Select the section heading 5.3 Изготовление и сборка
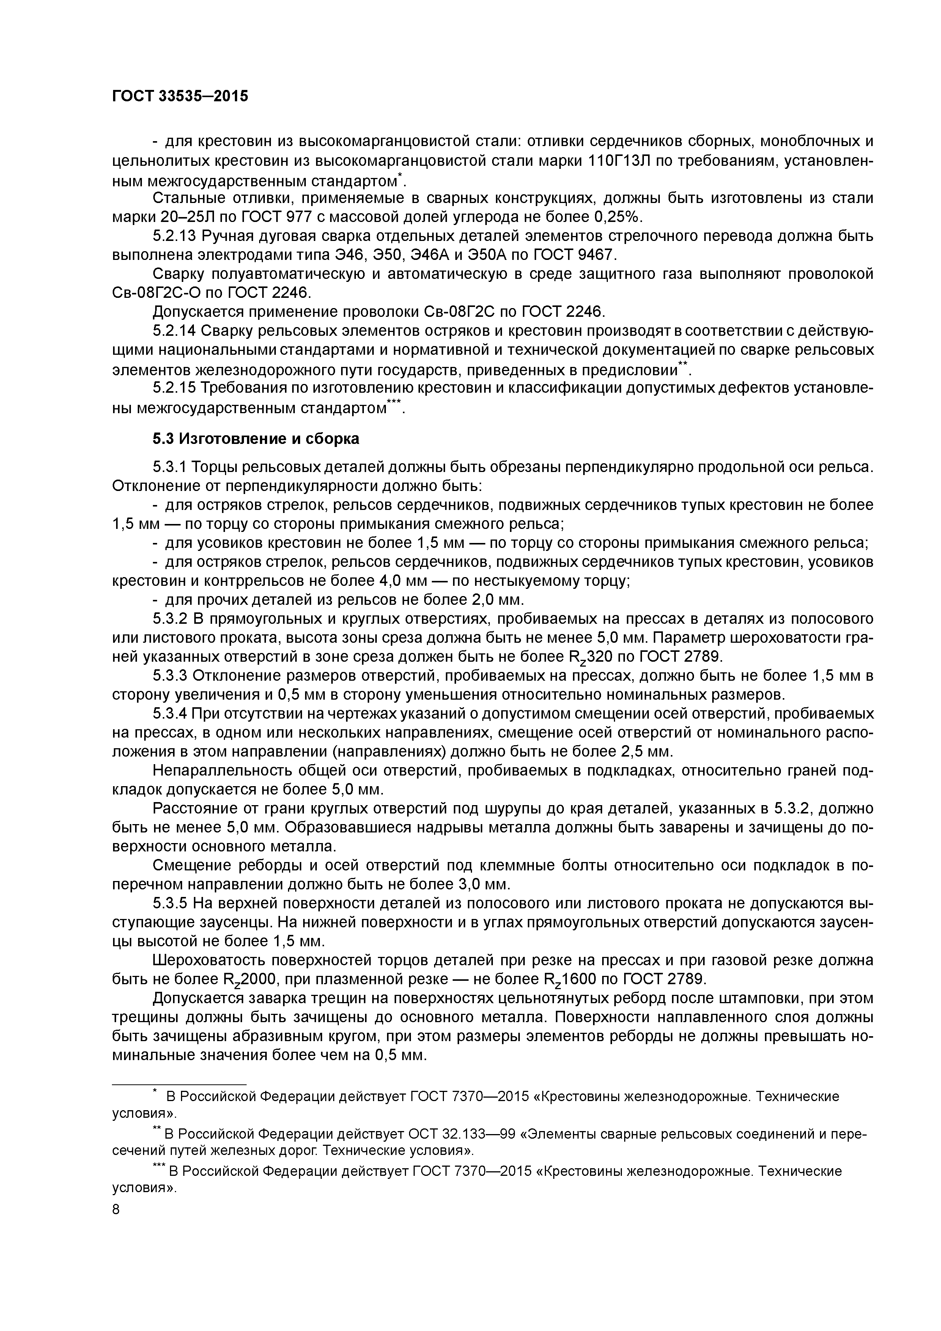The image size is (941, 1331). click(256, 439)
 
